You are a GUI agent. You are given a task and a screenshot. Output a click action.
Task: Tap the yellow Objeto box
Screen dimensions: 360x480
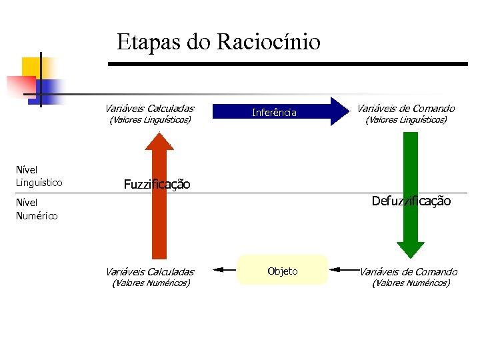click(283, 271)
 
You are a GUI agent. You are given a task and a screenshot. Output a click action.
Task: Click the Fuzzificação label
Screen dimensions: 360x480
click(157, 184)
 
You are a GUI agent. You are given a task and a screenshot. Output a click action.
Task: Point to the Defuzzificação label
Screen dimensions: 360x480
click(411, 201)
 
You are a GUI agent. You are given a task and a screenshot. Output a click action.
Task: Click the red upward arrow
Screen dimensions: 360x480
click(159, 200)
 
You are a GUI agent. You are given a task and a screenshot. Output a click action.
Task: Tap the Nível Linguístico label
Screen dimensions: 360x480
click(39, 176)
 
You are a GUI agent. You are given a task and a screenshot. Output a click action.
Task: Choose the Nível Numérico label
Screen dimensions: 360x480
click(36, 209)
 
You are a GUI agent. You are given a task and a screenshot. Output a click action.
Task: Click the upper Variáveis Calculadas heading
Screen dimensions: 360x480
click(149, 108)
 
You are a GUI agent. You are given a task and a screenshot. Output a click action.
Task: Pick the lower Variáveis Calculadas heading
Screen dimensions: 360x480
click(149, 271)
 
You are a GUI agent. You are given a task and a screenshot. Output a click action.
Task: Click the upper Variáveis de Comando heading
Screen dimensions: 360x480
click(405, 108)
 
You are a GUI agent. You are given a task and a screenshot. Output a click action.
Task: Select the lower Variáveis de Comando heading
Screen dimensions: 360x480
click(408, 271)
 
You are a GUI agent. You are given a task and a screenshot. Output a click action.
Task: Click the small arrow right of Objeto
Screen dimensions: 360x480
click(344, 269)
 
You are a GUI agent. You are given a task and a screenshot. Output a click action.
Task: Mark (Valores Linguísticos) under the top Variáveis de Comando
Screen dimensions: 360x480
click(405, 120)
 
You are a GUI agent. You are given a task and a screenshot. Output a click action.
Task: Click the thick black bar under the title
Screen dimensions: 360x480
click(287, 63)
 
